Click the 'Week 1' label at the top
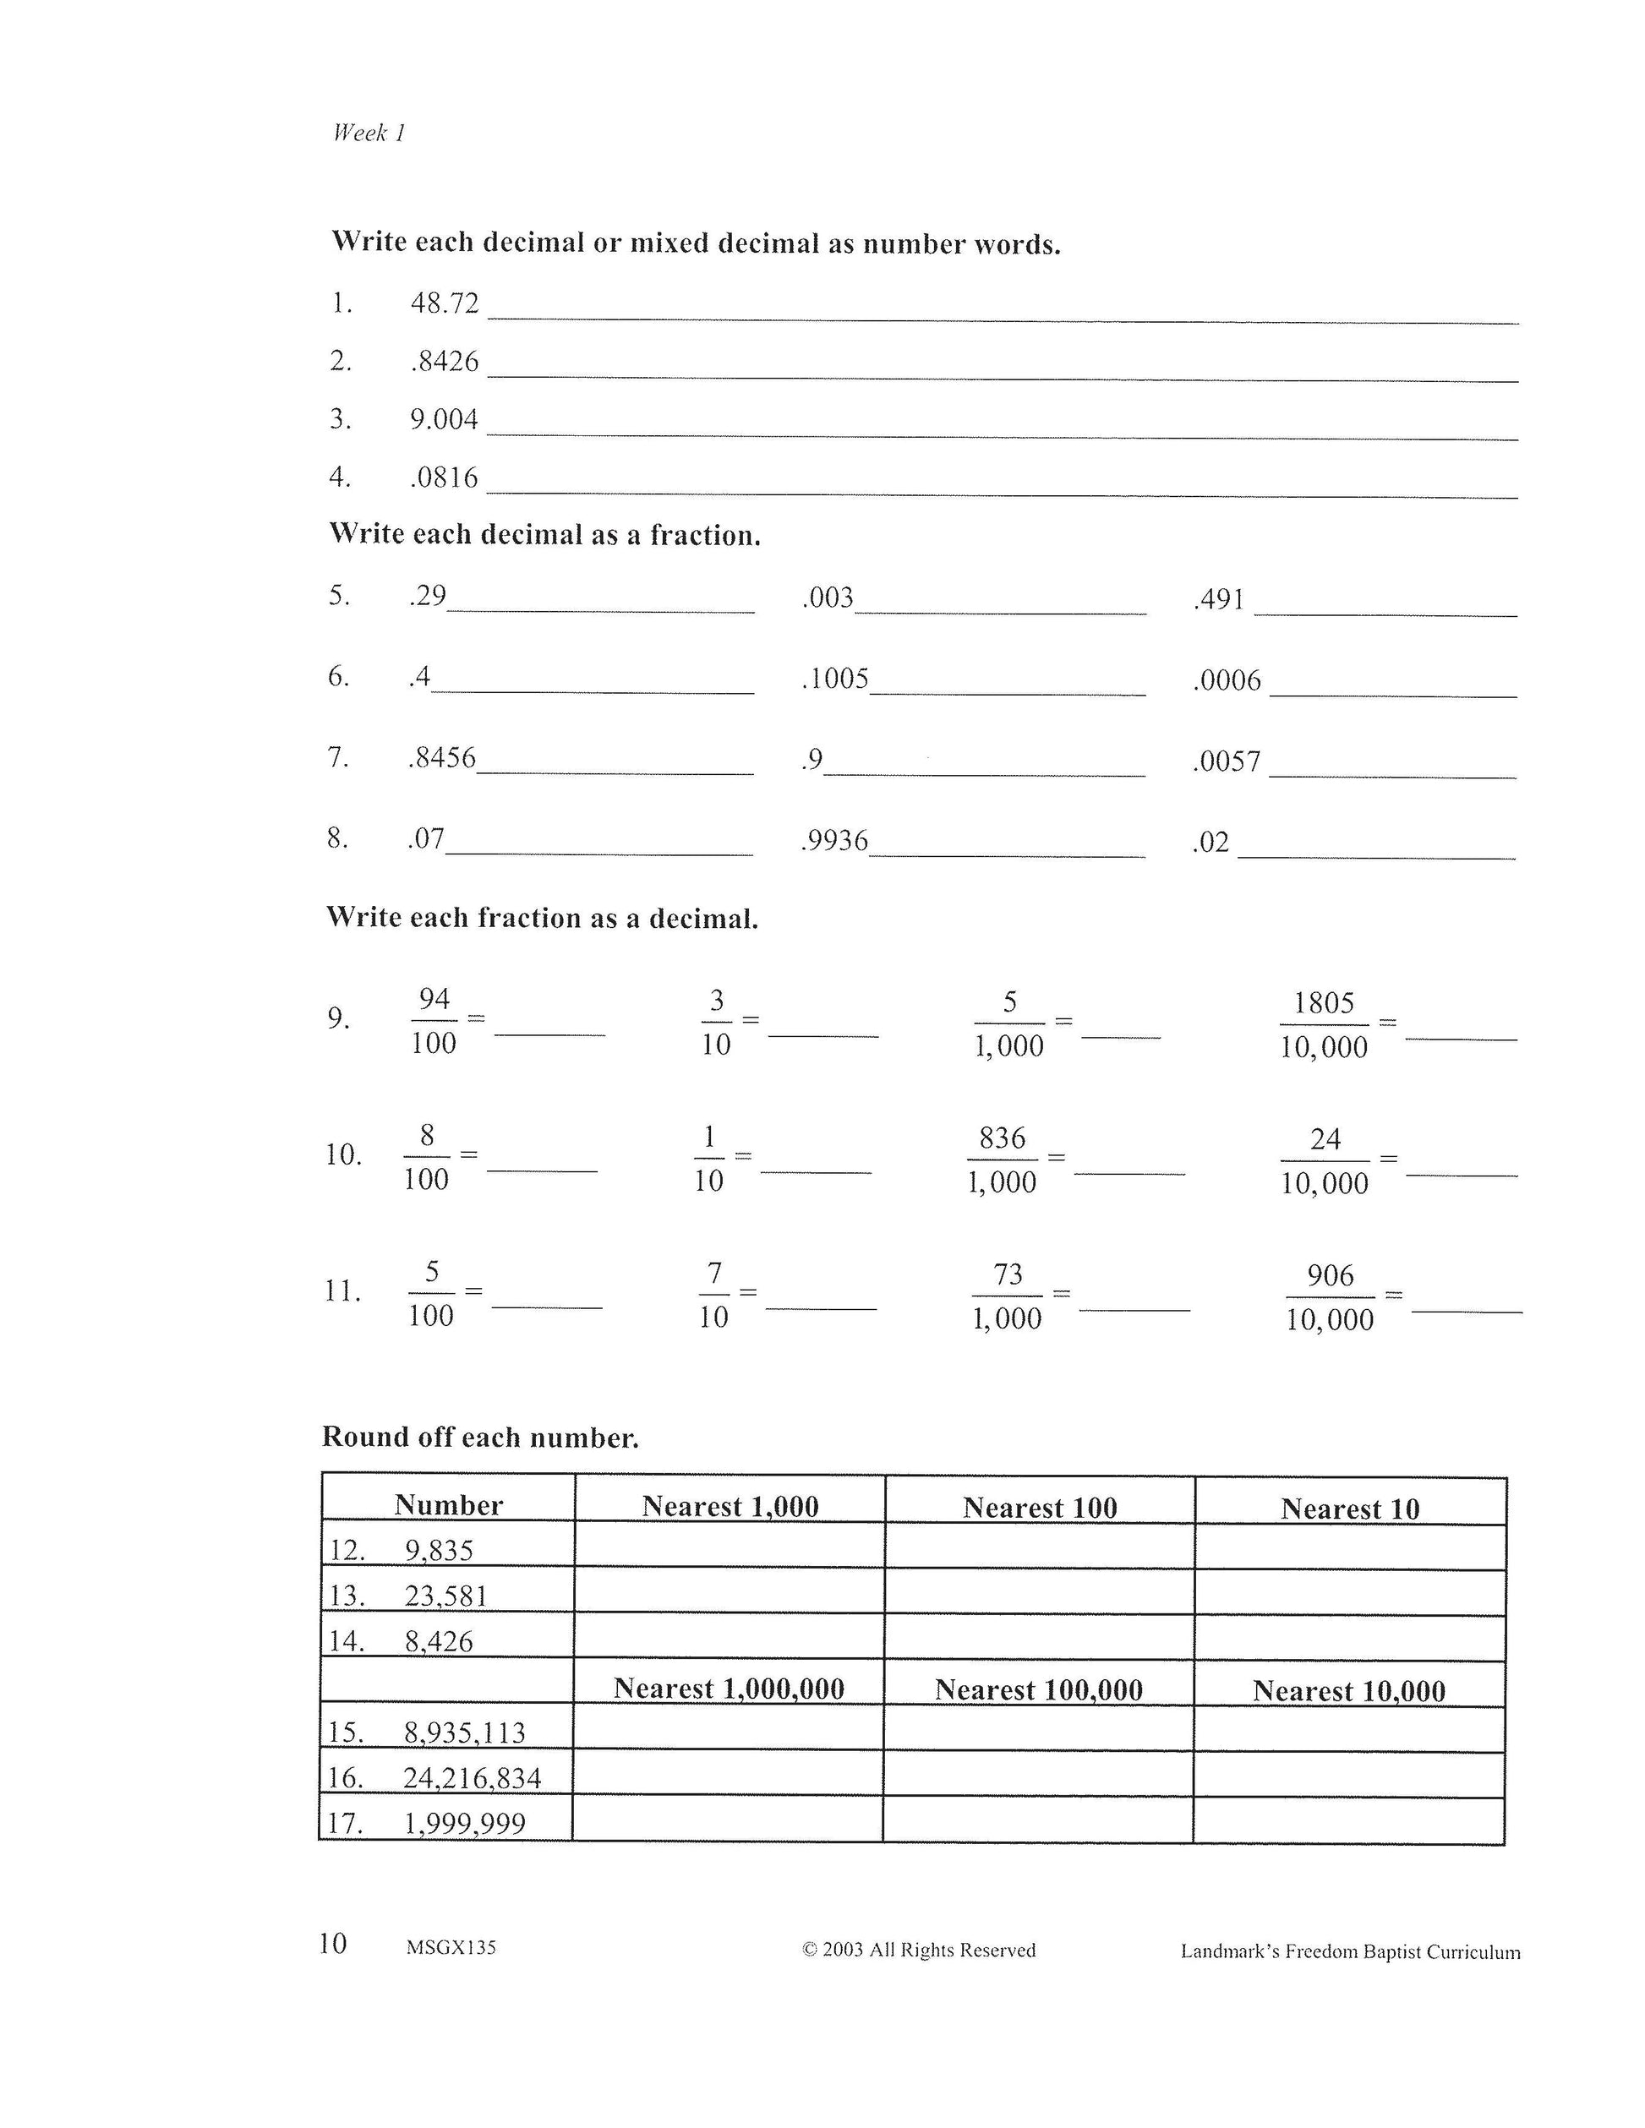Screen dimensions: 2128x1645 point(369,134)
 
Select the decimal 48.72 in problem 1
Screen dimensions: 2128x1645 point(445,304)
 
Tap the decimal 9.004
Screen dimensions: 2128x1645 point(445,420)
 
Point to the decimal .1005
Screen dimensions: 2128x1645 point(835,679)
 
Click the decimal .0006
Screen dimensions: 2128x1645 point(1227,680)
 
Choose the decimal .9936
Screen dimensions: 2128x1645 point(834,841)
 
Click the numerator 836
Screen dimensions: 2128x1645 point(1002,1138)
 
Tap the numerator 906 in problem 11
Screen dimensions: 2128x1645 point(1331,1275)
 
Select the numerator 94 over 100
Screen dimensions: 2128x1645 point(434,999)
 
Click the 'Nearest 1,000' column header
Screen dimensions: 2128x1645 point(730,1506)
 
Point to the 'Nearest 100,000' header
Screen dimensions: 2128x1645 point(1039,1689)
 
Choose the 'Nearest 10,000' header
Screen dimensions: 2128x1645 point(1349,1690)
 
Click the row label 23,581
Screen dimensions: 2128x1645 point(445,1596)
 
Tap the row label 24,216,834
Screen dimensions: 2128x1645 point(472,1778)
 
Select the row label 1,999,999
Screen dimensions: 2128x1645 point(465,1824)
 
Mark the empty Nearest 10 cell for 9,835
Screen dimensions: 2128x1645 point(1350,1547)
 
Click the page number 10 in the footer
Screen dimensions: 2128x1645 point(332,1944)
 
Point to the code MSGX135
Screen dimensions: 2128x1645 point(451,1948)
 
